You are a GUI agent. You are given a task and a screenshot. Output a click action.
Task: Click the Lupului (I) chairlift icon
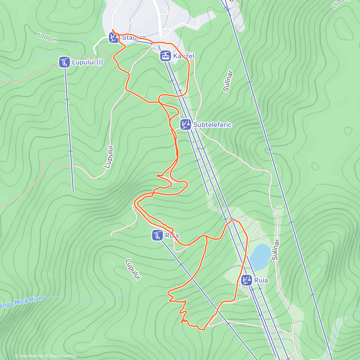[64, 62]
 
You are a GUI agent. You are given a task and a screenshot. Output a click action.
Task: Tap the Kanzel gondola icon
[165, 56]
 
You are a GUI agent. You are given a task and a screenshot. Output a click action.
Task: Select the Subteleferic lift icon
[186, 124]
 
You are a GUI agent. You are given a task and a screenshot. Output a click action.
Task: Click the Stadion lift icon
[114, 38]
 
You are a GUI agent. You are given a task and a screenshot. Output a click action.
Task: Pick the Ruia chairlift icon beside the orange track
[157, 235]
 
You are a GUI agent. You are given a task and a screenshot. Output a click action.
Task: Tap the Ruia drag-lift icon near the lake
[247, 280]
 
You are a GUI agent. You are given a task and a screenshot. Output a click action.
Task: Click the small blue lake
[260, 256]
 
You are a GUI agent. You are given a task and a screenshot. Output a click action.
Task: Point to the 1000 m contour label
[47, 37]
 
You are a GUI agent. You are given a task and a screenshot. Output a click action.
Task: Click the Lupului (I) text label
[87, 62]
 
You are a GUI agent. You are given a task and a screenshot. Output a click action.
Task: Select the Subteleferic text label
[212, 125]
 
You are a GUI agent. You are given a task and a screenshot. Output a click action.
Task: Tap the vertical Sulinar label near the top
[228, 81]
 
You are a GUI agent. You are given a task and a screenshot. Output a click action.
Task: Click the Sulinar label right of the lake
[275, 250]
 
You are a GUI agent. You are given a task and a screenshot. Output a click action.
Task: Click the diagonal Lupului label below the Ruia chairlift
[133, 269]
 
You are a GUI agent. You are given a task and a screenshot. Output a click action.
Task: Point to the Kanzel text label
[184, 56]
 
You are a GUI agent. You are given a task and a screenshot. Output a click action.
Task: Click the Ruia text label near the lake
[261, 280]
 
